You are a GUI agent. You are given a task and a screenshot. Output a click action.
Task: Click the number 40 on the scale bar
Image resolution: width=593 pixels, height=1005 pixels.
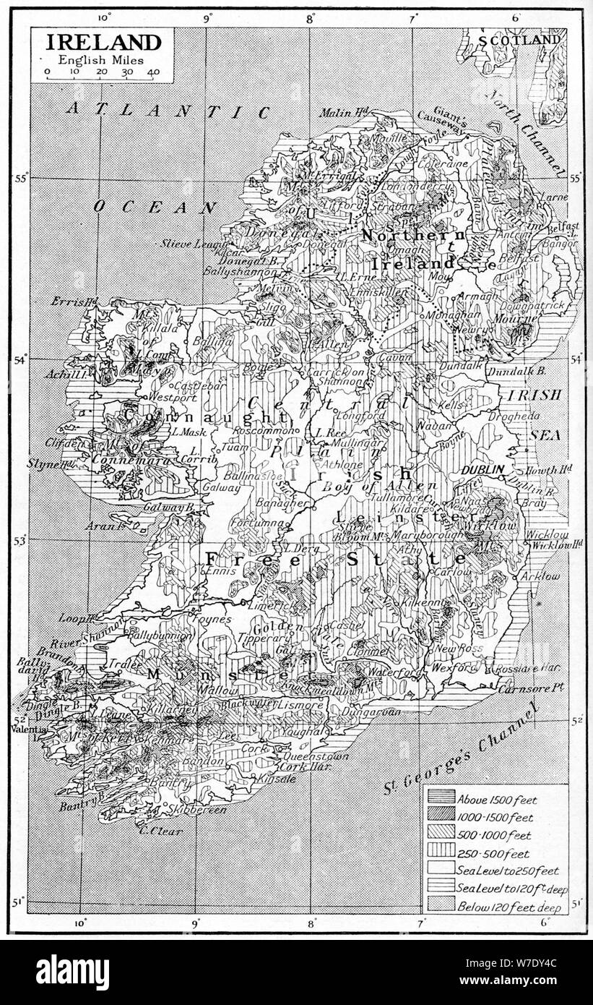[x=153, y=72]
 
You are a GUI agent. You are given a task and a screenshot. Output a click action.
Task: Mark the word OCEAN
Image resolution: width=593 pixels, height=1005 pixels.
[x=155, y=208]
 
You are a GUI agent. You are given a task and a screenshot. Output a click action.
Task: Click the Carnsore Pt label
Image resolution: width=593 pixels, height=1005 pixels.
[x=529, y=688]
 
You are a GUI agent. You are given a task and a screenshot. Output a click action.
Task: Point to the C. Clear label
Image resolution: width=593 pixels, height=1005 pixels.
[x=160, y=831]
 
